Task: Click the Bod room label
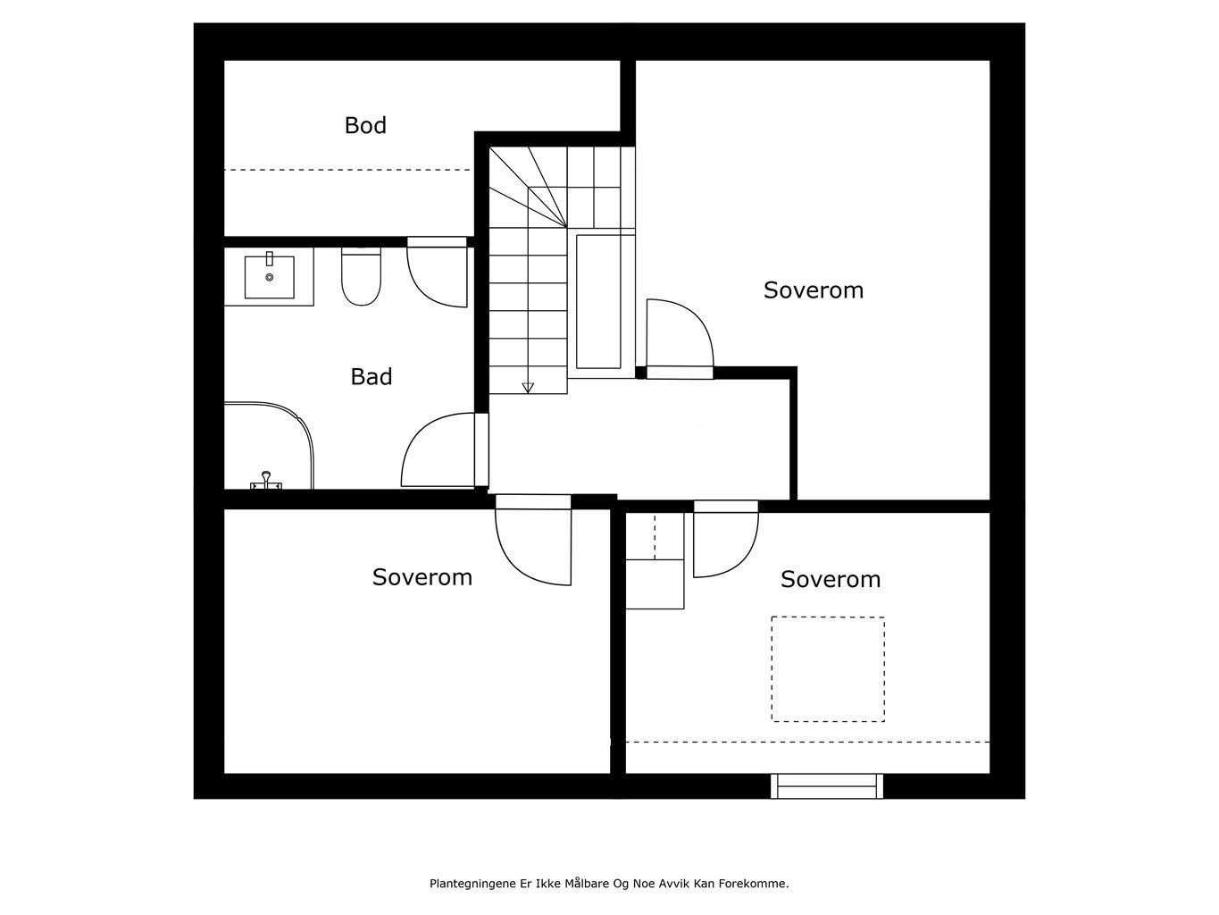[x=365, y=126]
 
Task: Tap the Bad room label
[x=371, y=377]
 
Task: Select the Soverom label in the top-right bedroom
[x=813, y=290]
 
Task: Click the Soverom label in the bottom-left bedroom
[x=422, y=577]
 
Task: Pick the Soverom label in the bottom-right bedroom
[x=830, y=579]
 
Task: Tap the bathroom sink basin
[x=269, y=276]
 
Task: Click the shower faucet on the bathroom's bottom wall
[x=265, y=483]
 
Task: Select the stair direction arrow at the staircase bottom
[x=527, y=387]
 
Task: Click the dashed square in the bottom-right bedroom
[x=828, y=669]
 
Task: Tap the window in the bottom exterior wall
[x=827, y=786]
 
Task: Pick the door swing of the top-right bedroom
[x=679, y=335]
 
